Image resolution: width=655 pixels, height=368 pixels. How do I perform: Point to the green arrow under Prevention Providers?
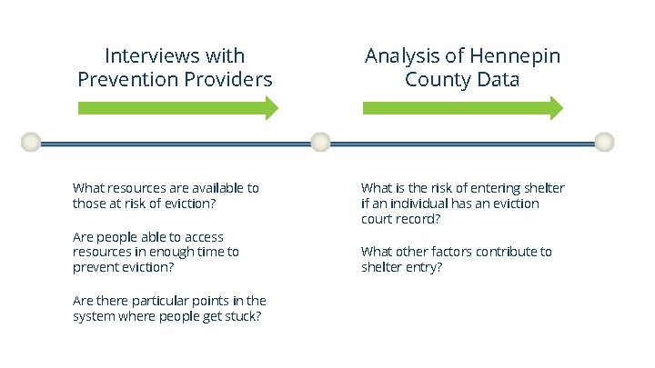pyautogui.click(x=177, y=108)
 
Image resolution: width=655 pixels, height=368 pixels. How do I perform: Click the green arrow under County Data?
pyautogui.click(x=462, y=108)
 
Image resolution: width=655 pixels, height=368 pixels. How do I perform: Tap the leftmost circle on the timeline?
pyautogui.click(x=31, y=142)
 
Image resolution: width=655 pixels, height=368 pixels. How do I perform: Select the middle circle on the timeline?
pyautogui.click(x=320, y=142)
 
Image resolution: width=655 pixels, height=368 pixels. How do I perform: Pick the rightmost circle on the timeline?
pyautogui.click(x=605, y=142)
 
